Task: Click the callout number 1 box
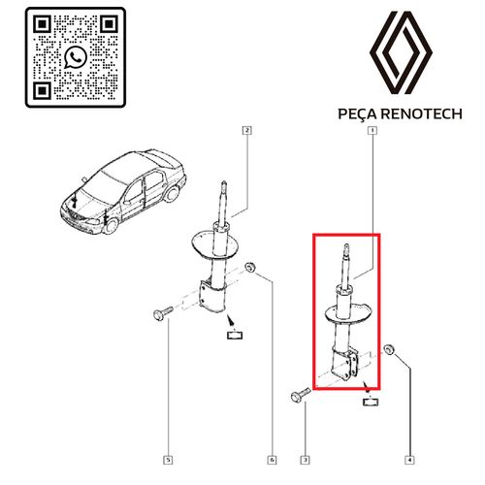pyautogui.click(x=372, y=130)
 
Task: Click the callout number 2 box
pyautogui.click(x=247, y=130)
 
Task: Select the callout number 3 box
pyautogui.click(x=305, y=460)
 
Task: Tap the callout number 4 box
pyautogui.click(x=409, y=460)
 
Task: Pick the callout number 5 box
pyautogui.click(x=168, y=460)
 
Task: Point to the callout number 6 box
pyautogui.click(x=273, y=460)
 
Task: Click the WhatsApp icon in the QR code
pyautogui.click(x=76, y=57)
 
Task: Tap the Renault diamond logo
pyautogui.click(x=401, y=52)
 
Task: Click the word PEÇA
pyautogui.click(x=357, y=114)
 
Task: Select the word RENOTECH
pyautogui.click(x=422, y=113)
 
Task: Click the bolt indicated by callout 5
pyautogui.click(x=163, y=313)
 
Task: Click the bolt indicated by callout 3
pyautogui.click(x=301, y=396)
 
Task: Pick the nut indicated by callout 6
pyautogui.click(x=250, y=268)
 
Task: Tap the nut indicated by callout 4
pyautogui.click(x=389, y=350)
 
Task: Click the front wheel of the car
pyautogui.click(x=111, y=226)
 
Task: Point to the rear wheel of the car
pyautogui.click(x=172, y=194)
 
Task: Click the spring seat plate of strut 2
pyautogui.click(x=215, y=243)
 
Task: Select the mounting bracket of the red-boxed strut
pyautogui.click(x=344, y=364)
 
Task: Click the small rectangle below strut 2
pyautogui.click(x=235, y=335)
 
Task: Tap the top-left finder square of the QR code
pyautogui.click(x=43, y=24)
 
